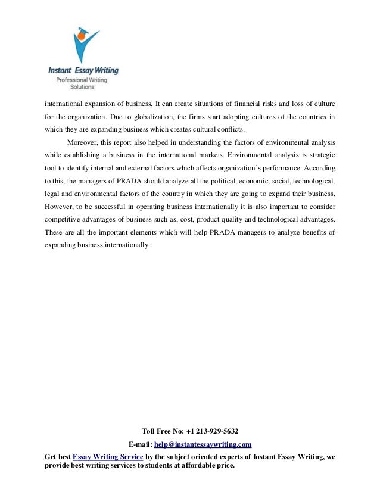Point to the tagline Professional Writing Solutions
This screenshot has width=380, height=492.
(x=78, y=83)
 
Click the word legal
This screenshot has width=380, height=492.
(x=52, y=194)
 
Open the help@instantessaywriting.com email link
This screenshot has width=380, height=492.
(x=203, y=444)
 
